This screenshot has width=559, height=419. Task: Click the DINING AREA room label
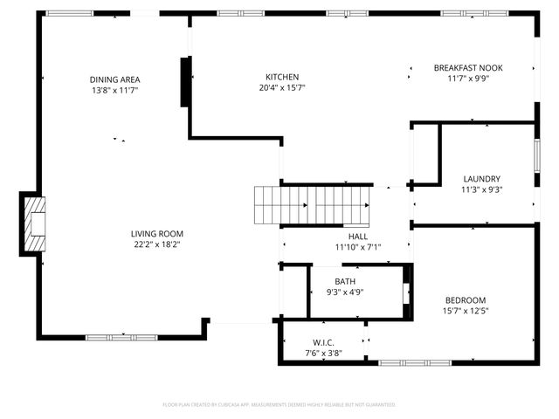tap(114, 79)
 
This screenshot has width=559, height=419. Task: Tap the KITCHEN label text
tap(282, 77)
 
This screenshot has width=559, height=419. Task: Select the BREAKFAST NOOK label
tap(468, 67)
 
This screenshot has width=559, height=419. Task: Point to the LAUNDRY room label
tap(481, 178)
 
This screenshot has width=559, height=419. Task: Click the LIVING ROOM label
tap(156, 233)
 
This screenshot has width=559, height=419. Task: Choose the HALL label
tap(358, 236)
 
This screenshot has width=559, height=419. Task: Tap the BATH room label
tap(345, 281)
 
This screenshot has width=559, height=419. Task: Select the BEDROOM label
tap(465, 300)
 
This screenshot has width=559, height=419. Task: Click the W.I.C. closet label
tap(323, 341)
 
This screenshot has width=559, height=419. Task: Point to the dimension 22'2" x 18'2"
tap(156, 244)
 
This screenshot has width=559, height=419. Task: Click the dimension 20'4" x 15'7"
tap(282, 87)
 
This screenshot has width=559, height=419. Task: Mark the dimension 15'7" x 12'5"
tap(465, 311)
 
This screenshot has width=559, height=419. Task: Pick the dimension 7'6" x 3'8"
tap(323, 353)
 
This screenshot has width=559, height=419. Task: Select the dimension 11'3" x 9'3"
tap(481, 189)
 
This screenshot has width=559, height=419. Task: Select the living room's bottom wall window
tap(121, 337)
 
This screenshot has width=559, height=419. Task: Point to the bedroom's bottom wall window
tap(414, 362)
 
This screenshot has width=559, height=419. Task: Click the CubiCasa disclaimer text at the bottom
tap(279, 404)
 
